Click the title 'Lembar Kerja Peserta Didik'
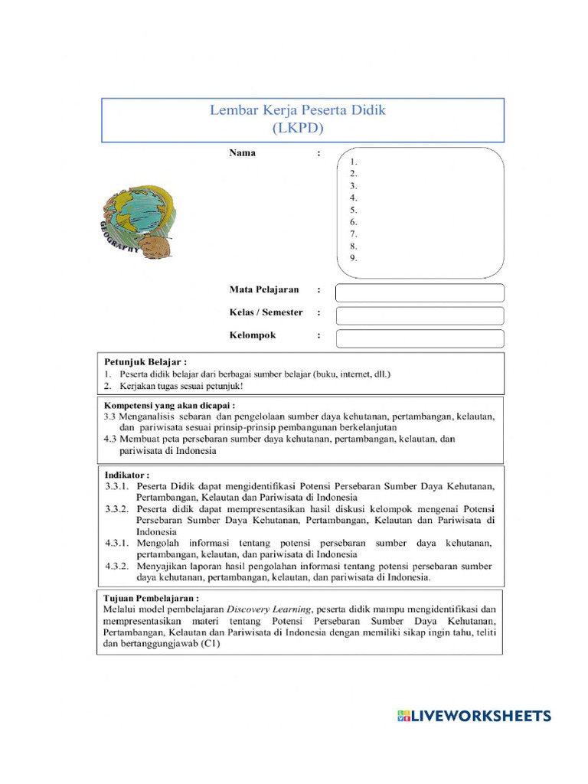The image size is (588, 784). pyautogui.click(x=298, y=110)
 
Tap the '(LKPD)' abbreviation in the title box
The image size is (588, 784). pyautogui.click(x=298, y=128)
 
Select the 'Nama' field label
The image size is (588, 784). pyautogui.click(x=243, y=153)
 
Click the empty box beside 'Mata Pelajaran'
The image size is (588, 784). pyautogui.click(x=420, y=292)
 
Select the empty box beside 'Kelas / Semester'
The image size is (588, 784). pyautogui.click(x=420, y=315)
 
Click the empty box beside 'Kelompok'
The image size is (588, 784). pyautogui.click(x=420, y=338)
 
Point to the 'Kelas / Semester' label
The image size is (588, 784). pyautogui.click(x=266, y=312)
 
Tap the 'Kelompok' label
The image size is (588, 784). pyautogui.click(x=253, y=335)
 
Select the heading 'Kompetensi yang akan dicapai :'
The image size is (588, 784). pyautogui.click(x=169, y=405)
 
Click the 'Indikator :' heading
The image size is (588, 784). pyautogui.click(x=127, y=475)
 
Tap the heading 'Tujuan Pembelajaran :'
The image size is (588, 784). pyautogui.click(x=151, y=597)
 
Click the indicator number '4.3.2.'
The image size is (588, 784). pyautogui.click(x=118, y=567)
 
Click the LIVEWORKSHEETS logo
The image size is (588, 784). pyautogui.click(x=474, y=716)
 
